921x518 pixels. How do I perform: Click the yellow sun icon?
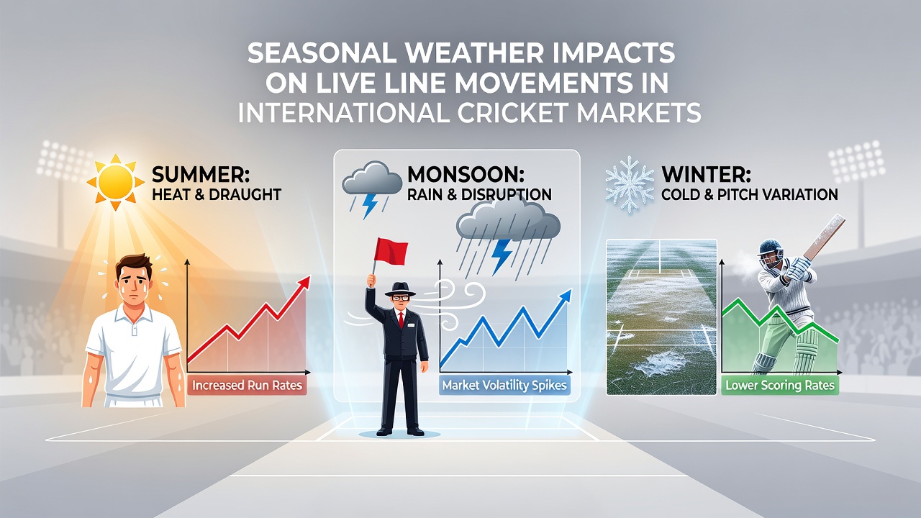point(116,183)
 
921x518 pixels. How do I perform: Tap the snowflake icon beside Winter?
point(630,183)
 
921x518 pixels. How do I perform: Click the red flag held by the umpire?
point(391,252)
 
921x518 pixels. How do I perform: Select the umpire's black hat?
point(399,289)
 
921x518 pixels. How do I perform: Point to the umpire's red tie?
point(401,320)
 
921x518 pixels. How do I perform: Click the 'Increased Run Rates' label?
point(247,386)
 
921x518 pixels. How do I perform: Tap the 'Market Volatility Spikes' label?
point(504,386)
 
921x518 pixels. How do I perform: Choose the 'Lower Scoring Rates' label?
point(780,386)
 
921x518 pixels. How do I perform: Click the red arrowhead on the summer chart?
point(304,283)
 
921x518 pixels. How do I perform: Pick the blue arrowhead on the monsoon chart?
point(566,296)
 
